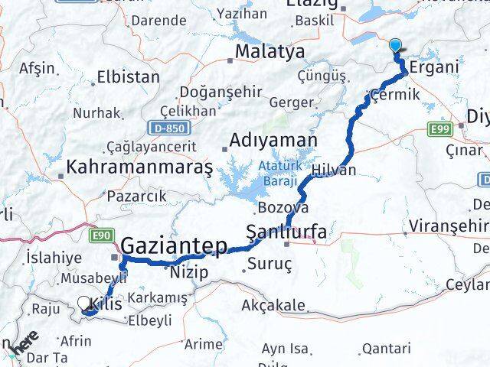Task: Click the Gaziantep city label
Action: coord(175,246)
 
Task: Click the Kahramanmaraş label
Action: coord(139,165)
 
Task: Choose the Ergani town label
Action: coord(434,67)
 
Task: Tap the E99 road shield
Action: coord(439,129)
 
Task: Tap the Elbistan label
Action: coord(129,77)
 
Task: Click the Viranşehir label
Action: coord(448,226)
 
